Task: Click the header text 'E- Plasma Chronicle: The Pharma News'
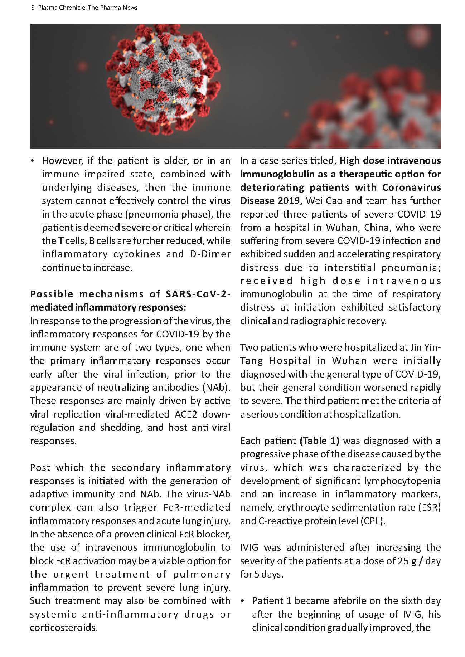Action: [84, 8]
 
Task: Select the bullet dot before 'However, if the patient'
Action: [33, 161]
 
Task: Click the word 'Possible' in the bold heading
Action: [52, 294]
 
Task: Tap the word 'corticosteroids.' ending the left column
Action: [64, 628]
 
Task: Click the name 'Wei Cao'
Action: [322, 201]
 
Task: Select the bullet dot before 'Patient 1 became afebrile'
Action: [243, 602]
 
